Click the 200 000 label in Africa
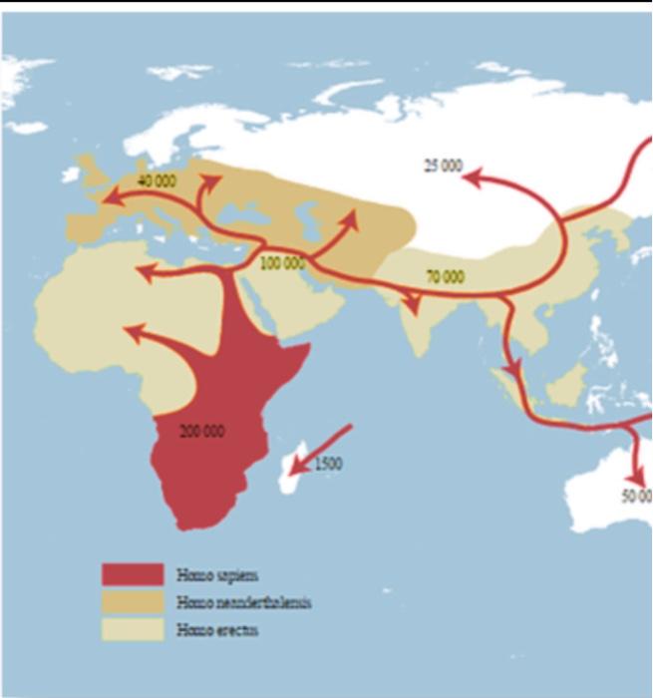(202, 432)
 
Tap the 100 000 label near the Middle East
(282, 263)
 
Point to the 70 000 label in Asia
(445, 276)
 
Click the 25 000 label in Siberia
(443, 166)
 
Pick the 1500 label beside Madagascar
(328, 464)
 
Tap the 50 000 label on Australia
(636, 497)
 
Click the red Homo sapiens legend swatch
(133, 575)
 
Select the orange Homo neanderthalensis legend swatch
(133, 602)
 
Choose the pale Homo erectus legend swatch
(133, 629)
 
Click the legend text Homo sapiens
(216, 575)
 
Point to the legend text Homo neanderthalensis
(243, 602)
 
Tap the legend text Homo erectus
(216, 629)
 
